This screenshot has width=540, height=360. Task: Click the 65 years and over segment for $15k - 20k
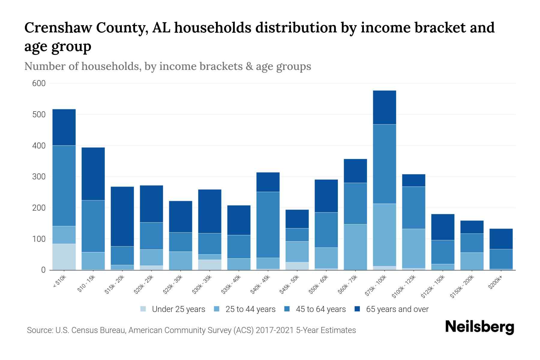pos(122,216)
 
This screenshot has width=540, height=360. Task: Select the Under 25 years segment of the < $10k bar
pos(64,257)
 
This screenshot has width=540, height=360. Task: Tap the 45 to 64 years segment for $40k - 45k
pos(268,225)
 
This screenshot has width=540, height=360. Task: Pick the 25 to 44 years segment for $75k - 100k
pos(384,235)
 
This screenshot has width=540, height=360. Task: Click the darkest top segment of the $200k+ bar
pos(501,239)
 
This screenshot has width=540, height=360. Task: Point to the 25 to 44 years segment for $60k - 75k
pos(355,247)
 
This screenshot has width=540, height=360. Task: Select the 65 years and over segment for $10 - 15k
pos(93,174)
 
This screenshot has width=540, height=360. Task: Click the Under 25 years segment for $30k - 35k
pos(210,265)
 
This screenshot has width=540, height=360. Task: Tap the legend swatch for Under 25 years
pos(143,309)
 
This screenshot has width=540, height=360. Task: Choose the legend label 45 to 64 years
pos(321,309)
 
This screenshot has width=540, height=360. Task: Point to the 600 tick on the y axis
pos(39,83)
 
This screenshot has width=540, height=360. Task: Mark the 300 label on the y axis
pos(39,177)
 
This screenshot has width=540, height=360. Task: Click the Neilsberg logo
pos(479,327)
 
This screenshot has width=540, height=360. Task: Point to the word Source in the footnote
pos(39,330)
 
